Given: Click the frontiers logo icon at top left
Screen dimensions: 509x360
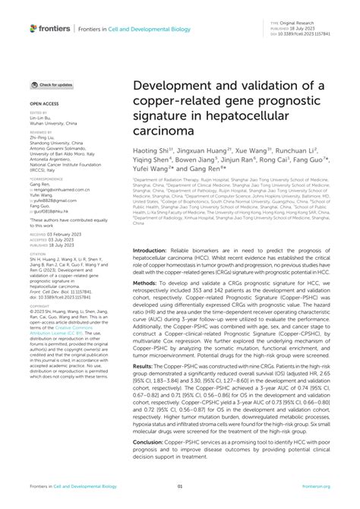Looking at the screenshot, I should pyautogui.click(x=33, y=28).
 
